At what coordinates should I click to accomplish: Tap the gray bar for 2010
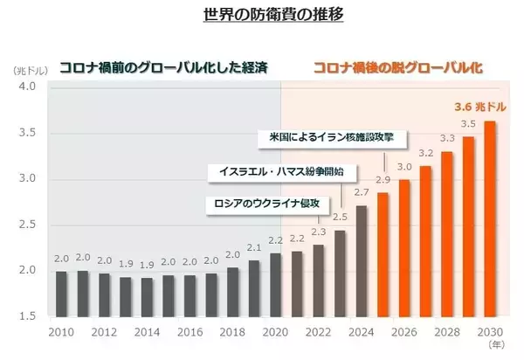[61, 294]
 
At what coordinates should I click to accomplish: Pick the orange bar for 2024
[362, 260]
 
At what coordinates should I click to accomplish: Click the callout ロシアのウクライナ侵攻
[269, 204]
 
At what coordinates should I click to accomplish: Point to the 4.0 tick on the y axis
[26, 87]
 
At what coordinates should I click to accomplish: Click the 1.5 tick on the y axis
[26, 315]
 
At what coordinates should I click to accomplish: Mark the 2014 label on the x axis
[147, 333]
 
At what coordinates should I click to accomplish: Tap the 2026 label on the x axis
[404, 333]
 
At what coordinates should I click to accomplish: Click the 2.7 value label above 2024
[362, 191]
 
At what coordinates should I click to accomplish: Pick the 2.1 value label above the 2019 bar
[254, 247]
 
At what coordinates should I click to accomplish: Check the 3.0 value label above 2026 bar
[405, 167]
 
